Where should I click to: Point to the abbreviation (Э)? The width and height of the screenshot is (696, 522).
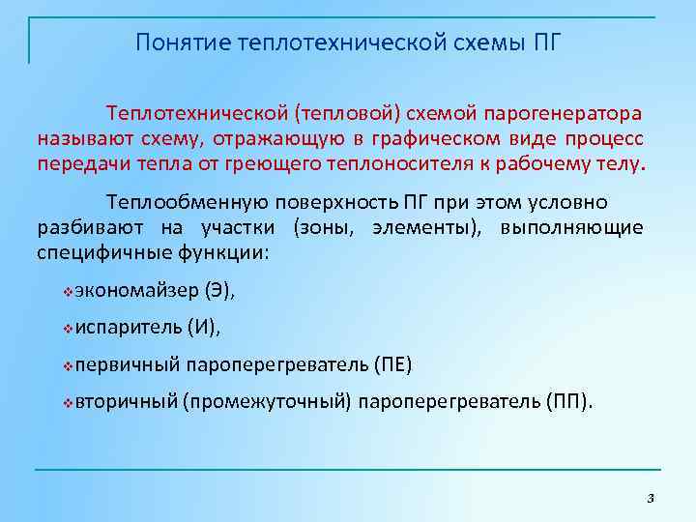click(x=219, y=290)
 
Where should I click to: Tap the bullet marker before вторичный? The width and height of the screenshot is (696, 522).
click(x=67, y=402)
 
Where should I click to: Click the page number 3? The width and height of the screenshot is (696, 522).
click(x=650, y=498)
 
